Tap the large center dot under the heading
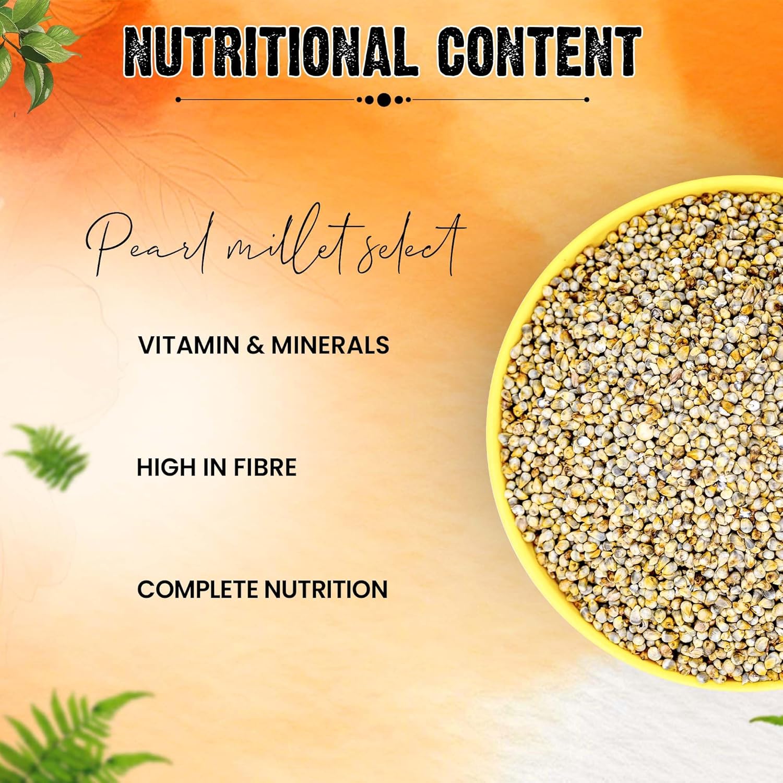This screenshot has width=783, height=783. pyautogui.click(x=384, y=100)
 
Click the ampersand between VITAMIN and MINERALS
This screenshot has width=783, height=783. pyautogui.click(x=255, y=346)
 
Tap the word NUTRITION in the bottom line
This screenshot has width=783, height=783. pyautogui.click(x=326, y=589)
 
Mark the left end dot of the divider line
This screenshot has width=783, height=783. pyautogui.click(x=178, y=100)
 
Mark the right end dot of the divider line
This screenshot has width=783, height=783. pyautogui.click(x=587, y=100)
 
